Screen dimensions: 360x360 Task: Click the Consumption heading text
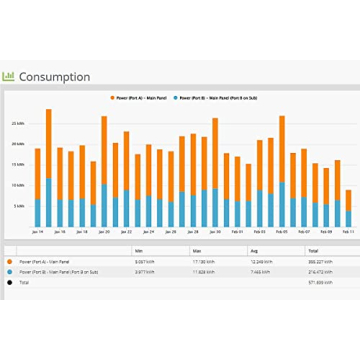point(54,77)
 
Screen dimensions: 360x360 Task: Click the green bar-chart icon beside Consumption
point(9,76)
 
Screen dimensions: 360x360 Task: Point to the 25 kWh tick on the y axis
point(18,123)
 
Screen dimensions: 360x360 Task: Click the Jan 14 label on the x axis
point(38,231)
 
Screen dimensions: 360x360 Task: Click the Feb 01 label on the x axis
point(238,231)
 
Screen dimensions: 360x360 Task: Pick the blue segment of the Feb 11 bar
point(348,218)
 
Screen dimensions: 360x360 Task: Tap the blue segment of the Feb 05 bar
point(282,204)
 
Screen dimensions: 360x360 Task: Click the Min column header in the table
point(139,252)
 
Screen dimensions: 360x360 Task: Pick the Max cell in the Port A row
point(200,262)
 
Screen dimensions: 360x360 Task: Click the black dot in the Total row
point(11,282)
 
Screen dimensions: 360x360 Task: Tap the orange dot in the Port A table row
point(11,262)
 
